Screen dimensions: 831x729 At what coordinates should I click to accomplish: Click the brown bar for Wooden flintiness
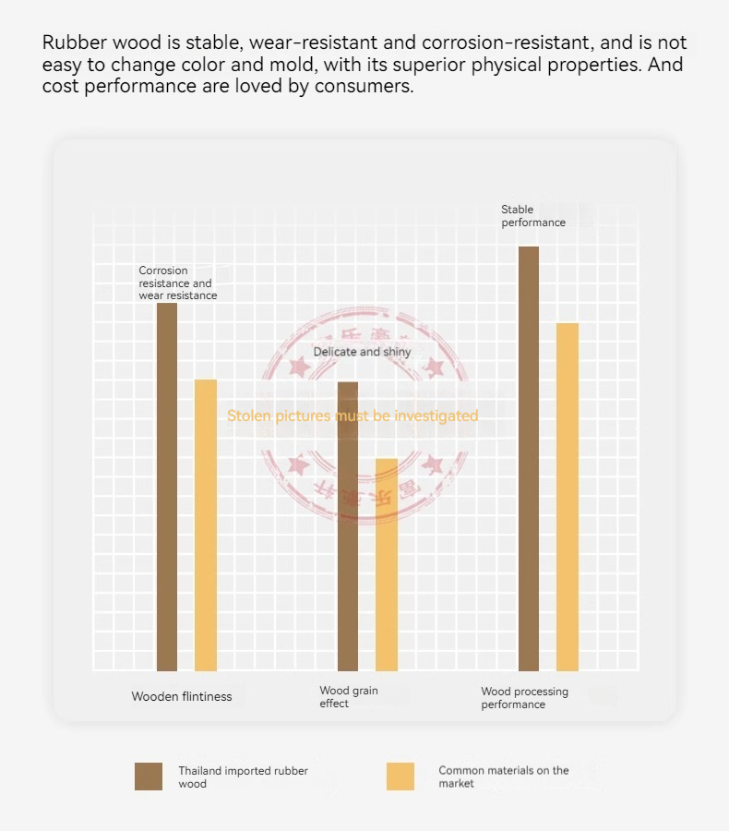point(167,487)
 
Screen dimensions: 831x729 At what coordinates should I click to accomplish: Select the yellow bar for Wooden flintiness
point(206,524)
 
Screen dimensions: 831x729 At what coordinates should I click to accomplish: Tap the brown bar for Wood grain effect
point(348,526)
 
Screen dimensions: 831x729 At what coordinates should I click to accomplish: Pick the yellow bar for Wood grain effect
point(387,564)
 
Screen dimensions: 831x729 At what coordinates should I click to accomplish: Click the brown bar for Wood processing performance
point(529,459)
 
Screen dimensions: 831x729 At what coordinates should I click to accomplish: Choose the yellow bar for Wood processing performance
point(568,497)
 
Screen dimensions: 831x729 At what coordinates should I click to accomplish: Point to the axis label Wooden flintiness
point(182,696)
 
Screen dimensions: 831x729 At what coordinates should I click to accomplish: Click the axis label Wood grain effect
point(349,697)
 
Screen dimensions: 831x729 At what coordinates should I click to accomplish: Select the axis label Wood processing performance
point(524,698)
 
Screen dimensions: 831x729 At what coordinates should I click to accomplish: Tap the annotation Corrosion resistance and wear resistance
point(177,283)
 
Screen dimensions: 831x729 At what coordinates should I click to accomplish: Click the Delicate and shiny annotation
point(363,352)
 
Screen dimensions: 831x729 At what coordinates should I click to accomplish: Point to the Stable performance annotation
point(533,216)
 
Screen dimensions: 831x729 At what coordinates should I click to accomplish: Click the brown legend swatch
point(149,777)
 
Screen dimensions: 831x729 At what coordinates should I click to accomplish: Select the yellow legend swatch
point(400,777)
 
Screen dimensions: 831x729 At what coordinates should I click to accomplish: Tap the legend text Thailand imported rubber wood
point(243,777)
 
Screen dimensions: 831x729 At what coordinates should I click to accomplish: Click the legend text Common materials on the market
point(503,777)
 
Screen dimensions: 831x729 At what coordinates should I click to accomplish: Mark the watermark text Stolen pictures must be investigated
point(353,415)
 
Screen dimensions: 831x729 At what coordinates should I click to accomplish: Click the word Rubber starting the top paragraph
point(72,43)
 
